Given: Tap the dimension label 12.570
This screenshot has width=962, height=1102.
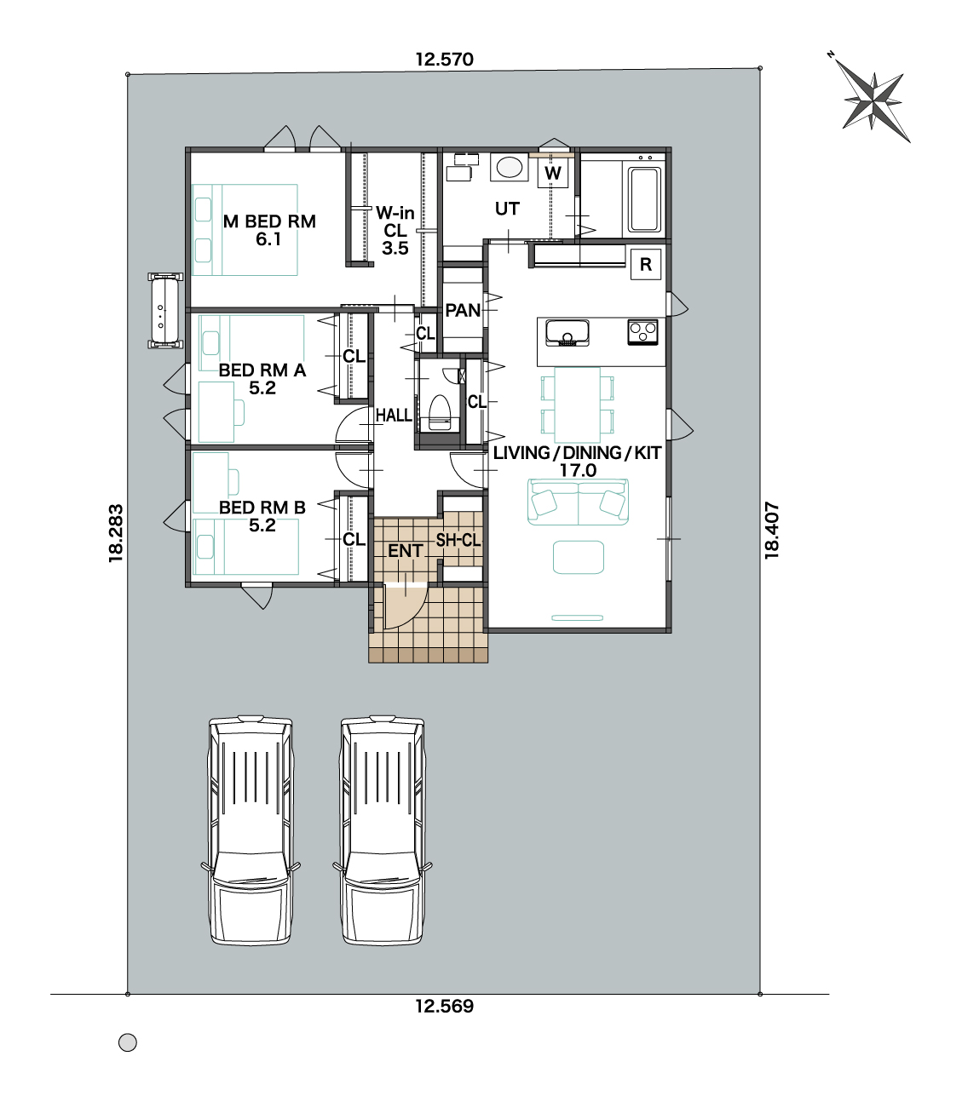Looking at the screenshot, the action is pos(444,60).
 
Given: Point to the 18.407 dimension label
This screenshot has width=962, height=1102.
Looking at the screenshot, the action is pos(772,530).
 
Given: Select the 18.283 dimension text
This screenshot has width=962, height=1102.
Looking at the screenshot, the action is pos(116,533).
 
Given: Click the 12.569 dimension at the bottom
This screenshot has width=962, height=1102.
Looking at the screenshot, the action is pos(444,1006).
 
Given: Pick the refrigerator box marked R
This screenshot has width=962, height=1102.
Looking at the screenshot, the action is pos(646,264).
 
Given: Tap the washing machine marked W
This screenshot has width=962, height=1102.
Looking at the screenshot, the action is pos(552,173).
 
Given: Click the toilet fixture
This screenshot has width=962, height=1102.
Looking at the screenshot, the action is pos(439,412).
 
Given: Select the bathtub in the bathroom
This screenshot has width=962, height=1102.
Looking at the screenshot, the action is pos(644,200).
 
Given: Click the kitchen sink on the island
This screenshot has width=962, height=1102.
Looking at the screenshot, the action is pos(567,333).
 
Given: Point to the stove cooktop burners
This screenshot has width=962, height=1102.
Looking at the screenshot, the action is pos(642,332).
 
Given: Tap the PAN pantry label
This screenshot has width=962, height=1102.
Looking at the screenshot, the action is pos(463,310).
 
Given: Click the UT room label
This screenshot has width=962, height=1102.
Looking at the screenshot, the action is pos(507,209).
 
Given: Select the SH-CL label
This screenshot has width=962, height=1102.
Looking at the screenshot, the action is pos(458,540).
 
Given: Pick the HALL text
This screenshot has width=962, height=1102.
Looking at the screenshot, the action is pos(394,416).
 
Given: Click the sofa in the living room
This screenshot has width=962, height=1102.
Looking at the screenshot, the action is pos(578,502).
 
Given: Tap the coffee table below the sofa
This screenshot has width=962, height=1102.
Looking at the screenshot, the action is pos(579,557).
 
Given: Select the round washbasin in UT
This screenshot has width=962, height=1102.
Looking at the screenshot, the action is pos(509,166).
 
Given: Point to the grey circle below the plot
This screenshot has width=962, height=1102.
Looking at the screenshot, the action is pos(128,1042).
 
